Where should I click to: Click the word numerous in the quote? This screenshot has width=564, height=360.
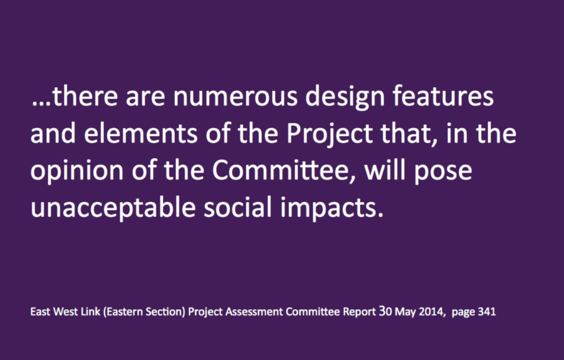[236, 97]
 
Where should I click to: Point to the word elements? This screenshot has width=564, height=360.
[140, 132]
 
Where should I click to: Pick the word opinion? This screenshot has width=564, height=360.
[77, 171]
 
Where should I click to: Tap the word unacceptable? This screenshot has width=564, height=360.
[113, 208]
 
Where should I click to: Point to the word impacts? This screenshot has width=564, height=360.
[332, 208]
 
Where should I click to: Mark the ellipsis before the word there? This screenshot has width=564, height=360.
[41, 104]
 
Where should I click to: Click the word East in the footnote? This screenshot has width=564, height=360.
[40, 312]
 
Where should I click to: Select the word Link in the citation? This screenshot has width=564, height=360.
[90, 311]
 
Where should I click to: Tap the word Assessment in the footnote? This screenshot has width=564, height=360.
[254, 312]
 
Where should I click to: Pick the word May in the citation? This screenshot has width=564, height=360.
[405, 312]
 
